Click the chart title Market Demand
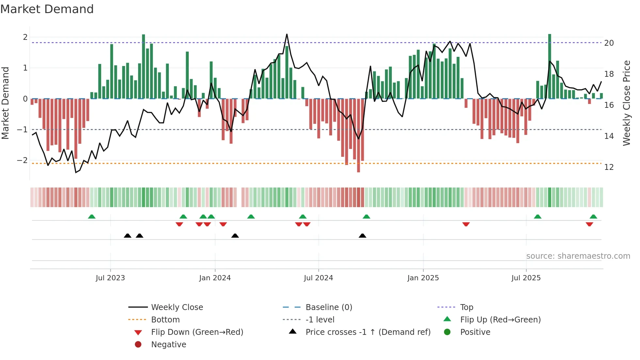[x=47, y=9]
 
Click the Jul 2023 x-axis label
[x=110, y=278]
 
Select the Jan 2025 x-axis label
[x=423, y=278]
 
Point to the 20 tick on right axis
[x=609, y=43]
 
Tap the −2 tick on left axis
[x=22, y=160]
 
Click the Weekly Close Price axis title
[x=627, y=103]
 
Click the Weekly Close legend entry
[x=177, y=307]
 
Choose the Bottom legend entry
[x=165, y=320]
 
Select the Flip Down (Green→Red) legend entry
[x=197, y=332]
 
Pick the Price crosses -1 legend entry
[x=368, y=332]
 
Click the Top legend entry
[x=467, y=307]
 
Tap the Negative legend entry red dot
[x=138, y=345]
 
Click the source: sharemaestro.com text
[x=578, y=256]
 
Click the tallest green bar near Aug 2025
[x=550, y=65]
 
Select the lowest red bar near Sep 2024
[x=359, y=136]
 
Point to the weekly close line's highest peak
[x=287, y=34]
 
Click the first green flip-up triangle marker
[x=92, y=217]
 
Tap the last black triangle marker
[x=362, y=236]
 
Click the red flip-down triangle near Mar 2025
[x=466, y=224]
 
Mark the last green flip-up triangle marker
[x=593, y=217]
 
